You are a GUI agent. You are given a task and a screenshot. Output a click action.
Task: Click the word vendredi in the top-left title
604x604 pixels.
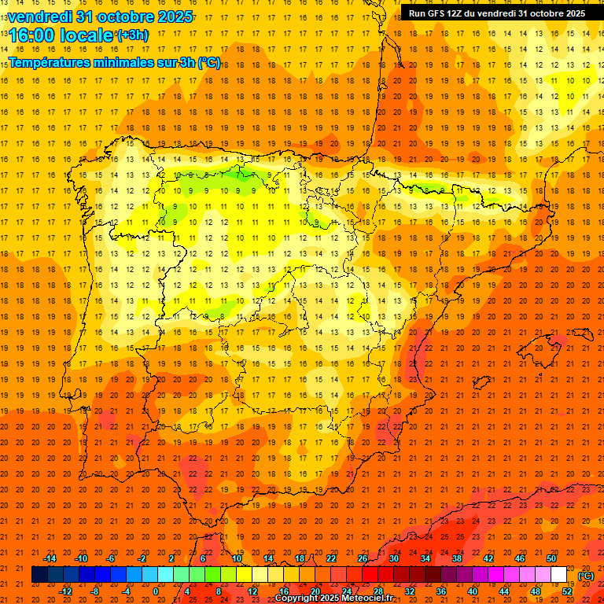coord(39,17)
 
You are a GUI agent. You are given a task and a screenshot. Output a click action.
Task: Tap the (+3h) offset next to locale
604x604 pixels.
coord(131,35)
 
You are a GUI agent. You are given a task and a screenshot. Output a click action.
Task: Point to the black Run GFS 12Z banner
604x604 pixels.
coord(496,13)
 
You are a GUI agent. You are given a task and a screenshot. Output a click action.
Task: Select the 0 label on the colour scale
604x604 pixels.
coord(156,591)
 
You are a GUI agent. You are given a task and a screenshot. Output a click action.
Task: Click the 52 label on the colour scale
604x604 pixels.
coord(567,591)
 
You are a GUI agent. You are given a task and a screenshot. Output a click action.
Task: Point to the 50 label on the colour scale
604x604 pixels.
coord(551,558)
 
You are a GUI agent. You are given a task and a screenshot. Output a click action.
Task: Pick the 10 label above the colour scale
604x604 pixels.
coord(236,558)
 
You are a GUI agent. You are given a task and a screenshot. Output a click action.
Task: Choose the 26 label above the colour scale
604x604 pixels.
coord(363,558)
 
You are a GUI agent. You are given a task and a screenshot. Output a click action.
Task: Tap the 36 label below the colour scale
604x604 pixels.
coord(441,591)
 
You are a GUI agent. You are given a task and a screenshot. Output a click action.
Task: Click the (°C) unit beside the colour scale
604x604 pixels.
coord(586,575)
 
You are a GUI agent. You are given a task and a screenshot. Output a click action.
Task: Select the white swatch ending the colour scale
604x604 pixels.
coord(559,575)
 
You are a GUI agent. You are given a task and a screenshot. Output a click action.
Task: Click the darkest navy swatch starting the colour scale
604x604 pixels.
coord(39,575)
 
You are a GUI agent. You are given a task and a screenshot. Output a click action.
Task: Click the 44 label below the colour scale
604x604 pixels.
coord(504,591)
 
